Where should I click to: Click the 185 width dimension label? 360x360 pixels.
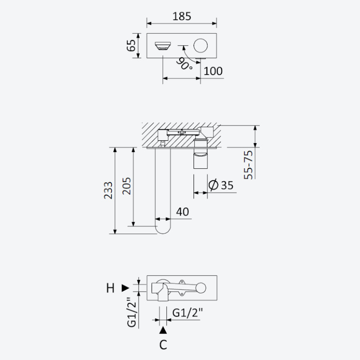pos(182,16)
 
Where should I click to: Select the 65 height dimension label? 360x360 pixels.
pos(131,45)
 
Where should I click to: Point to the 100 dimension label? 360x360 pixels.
pos(213,71)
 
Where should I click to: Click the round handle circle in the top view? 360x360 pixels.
pos(201,45)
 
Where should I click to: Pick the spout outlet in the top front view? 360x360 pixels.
pos(163,46)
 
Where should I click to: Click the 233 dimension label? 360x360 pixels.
pos(108,190)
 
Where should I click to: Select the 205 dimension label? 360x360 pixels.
pos(126,186)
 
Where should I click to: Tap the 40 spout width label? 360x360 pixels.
pos(183,211)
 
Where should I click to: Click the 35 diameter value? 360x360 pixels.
pos(227,185)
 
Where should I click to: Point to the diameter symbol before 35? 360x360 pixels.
pos(213,185)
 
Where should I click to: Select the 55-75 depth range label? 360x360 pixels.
pos(248,165)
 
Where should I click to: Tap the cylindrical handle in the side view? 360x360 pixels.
pos(201,154)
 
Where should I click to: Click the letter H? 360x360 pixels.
pos(110,288)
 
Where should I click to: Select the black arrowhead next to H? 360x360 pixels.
pos(126,288)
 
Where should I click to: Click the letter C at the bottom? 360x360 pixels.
pos(163,345)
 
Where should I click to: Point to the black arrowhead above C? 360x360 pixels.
pos(163,330)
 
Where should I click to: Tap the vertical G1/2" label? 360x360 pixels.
pos(132,312)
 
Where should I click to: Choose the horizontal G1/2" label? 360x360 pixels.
pos(188,313)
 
